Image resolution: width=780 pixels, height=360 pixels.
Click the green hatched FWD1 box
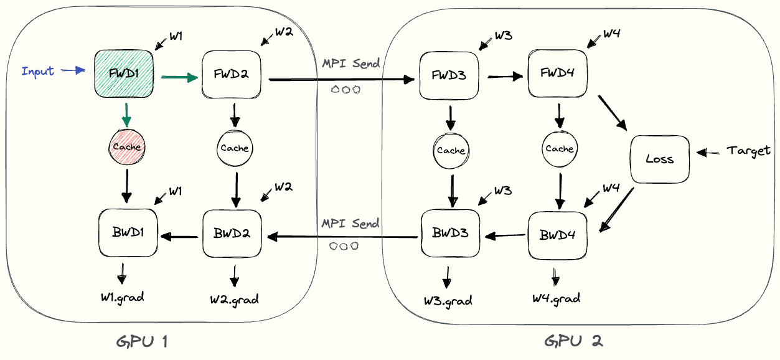tap(124, 73)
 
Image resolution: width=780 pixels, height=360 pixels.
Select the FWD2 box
tap(232, 74)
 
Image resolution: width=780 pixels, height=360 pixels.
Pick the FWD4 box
tap(557, 73)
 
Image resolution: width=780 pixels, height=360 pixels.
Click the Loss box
tap(659, 159)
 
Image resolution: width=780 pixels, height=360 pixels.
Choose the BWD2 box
tap(232, 235)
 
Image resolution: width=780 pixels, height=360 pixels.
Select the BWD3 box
tap(451, 234)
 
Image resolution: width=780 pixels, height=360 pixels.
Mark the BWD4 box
tap(557, 236)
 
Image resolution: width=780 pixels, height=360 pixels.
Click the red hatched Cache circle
tap(126, 147)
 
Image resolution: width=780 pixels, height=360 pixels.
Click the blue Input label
tap(38, 71)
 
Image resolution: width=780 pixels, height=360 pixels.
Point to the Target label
tap(749, 151)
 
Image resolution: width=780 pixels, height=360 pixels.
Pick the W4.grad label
tap(556, 298)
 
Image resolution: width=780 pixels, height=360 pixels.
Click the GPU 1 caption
tap(142, 341)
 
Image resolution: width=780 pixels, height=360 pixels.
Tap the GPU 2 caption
tap(573, 341)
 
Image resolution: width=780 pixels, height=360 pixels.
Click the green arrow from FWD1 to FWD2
tap(179, 77)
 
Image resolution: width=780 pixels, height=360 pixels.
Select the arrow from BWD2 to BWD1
tap(181, 236)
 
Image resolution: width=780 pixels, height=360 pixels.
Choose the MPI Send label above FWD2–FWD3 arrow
tap(350, 64)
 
